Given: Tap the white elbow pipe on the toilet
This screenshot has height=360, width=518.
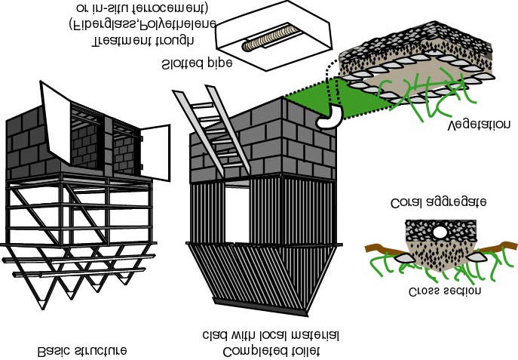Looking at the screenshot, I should pyautogui.click(x=329, y=116).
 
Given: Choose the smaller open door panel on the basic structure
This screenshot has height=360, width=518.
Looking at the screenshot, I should pyautogui.click(x=155, y=152).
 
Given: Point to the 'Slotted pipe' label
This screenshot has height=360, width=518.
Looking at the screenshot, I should pyautogui.click(x=197, y=63).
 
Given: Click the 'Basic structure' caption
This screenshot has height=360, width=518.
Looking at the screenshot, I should pyautogui.click(x=82, y=351).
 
